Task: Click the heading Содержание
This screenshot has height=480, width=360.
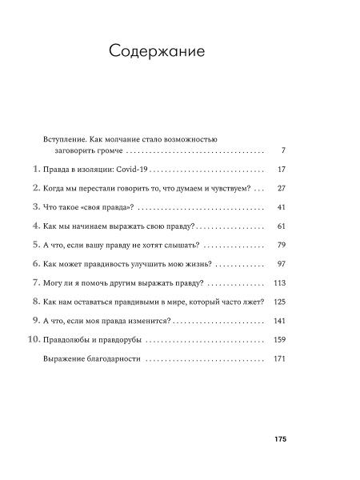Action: [157, 51]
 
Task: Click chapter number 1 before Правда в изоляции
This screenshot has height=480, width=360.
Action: [34, 169]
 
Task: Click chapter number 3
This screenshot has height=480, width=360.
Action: [34, 206]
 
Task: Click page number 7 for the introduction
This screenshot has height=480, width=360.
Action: [283, 150]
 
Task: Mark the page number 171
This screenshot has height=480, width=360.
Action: [279, 359]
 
